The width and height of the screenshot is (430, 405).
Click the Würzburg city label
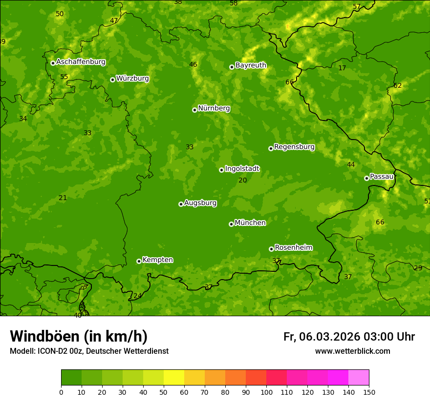point(132,79)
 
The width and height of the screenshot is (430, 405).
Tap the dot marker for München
point(231,224)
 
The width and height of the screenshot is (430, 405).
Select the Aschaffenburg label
point(81,62)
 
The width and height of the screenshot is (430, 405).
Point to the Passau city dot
point(366,178)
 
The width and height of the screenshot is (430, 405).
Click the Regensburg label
point(294,147)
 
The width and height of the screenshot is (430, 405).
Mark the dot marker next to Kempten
point(139,261)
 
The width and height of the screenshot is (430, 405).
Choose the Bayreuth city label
point(251,65)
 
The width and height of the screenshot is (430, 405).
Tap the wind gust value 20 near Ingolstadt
point(243,181)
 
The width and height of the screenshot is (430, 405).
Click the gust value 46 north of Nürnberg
point(193,65)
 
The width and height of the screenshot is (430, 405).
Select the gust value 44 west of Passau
point(351,165)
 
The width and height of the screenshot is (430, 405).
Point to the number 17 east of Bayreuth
point(342,68)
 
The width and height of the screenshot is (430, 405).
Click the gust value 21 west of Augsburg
point(63,198)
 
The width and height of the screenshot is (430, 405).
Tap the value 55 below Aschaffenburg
point(64,77)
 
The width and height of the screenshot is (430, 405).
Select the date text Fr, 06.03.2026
point(322,337)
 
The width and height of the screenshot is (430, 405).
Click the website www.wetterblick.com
point(352,351)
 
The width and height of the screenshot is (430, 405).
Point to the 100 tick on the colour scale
point(266,392)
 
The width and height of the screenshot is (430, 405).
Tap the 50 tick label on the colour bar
point(164,392)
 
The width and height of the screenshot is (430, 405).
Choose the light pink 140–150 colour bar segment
point(359,378)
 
